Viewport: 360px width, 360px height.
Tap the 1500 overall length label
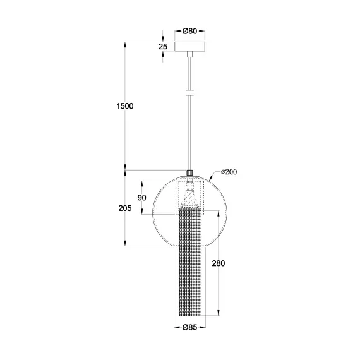(125, 106)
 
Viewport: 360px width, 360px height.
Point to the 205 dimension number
(124, 208)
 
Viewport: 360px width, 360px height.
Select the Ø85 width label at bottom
(191, 327)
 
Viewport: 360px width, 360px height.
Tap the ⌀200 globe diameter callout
(228, 172)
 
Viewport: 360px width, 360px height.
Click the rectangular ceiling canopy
(190, 47)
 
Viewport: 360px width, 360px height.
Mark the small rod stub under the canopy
(190, 56)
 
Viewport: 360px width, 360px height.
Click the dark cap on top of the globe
(190, 172)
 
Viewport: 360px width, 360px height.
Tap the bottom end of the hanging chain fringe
(190, 312)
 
